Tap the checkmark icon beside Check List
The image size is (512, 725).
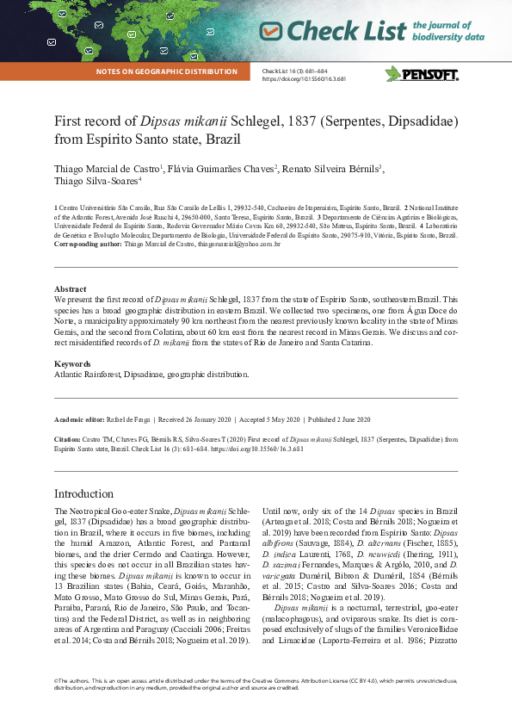click(x=270, y=31)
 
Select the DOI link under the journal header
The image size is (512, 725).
click(x=304, y=78)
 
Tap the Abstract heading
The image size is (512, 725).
click(x=70, y=289)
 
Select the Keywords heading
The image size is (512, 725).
click(x=72, y=364)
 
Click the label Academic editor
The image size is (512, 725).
click(x=83, y=419)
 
